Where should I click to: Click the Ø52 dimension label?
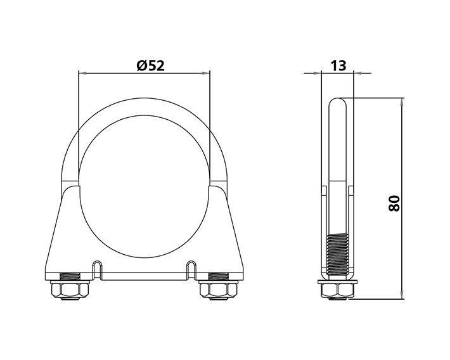coord(150,65)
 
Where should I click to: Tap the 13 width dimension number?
coord(338,65)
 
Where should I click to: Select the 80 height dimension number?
coord(394,203)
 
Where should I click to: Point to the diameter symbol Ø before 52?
coord(141,65)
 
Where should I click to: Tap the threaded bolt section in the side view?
coord(338,254)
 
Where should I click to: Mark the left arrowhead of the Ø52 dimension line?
coord(81,73)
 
